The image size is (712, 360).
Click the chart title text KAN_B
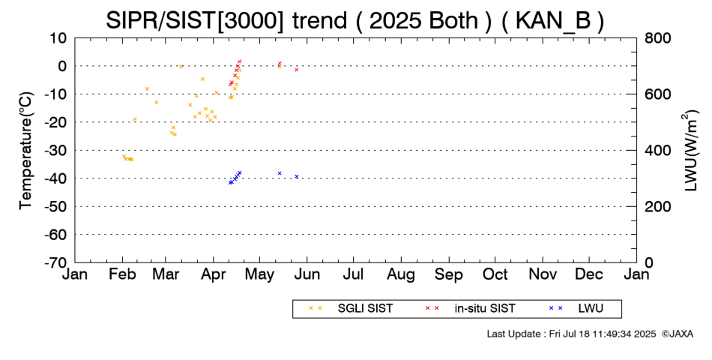click(x=553, y=20)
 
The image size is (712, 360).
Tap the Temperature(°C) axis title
click(x=26, y=151)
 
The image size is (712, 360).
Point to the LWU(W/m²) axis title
click(x=690, y=151)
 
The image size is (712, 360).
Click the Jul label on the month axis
click(x=353, y=274)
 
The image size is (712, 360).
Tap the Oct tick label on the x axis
click(x=495, y=274)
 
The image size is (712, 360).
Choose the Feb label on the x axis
click(x=122, y=274)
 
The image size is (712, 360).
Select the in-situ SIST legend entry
click(x=470, y=309)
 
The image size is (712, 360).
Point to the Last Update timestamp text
click(x=571, y=334)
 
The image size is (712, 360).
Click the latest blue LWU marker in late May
click(x=297, y=176)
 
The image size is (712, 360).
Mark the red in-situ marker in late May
click(x=297, y=70)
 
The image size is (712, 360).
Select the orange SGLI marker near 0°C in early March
click(x=181, y=66)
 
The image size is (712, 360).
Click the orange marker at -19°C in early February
click(x=134, y=119)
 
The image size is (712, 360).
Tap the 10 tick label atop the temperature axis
click(x=58, y=38)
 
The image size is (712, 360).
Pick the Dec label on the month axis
click(x=589, y=274)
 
